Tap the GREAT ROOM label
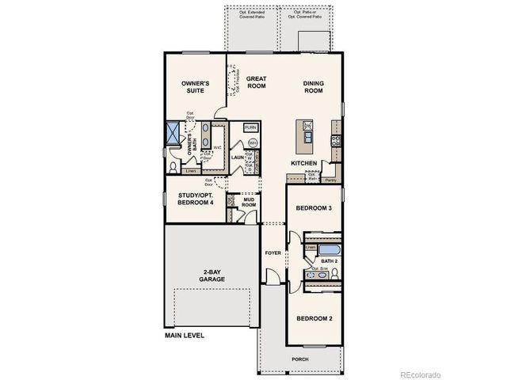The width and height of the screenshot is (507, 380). click(256, 82)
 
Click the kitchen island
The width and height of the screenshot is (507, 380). click(306, 135)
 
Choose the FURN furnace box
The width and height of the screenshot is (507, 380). click(250, 127)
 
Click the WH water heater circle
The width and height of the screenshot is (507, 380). click(253, 142)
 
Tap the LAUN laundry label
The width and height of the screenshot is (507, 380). click(236, 157)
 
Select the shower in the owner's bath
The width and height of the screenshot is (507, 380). click(173, 133)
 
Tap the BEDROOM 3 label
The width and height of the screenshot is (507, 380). click(313, 207)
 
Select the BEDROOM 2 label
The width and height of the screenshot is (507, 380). click(313, 319)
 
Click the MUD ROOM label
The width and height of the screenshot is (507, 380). click(248, 201)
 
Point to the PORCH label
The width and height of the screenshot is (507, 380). click(300, 358)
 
